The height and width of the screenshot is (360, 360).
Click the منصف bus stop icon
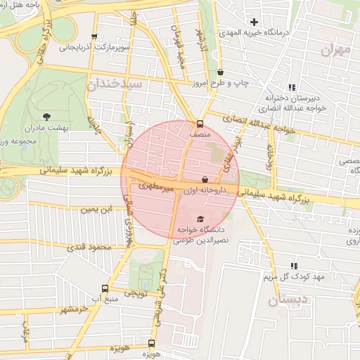tap(200, 122)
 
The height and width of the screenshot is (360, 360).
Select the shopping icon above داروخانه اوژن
tap(205, 179)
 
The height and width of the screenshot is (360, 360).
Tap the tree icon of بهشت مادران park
tap(46, 116)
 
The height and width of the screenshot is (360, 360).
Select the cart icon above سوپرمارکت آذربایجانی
tap(94, 37)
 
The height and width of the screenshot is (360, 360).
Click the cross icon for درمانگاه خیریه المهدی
tap(254, 22)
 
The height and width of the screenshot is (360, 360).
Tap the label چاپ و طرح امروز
tap(221, 82)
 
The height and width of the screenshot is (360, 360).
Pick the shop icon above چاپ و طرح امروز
tap(221, 72)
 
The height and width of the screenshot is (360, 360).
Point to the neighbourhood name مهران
tap(335, 51)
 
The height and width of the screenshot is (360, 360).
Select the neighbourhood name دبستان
tap(289, 300)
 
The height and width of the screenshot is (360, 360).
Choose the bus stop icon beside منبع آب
tap(105, 288)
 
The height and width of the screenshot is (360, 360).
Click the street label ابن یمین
tap(96, 209)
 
